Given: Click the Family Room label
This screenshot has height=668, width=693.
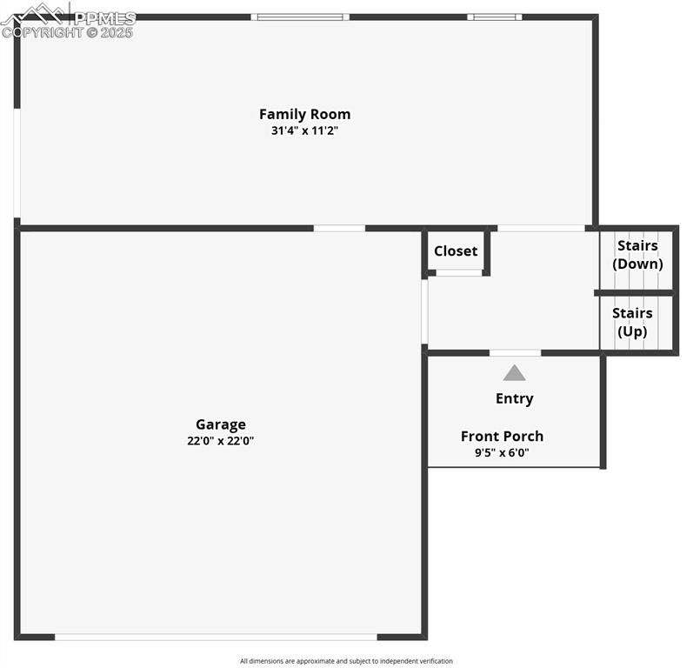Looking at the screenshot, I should click(304, 114).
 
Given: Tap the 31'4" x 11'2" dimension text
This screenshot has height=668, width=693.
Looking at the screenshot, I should click(304, 131).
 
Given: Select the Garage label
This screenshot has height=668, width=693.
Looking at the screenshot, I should click(220, 424).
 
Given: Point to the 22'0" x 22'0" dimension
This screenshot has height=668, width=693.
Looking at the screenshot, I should click(220, 441).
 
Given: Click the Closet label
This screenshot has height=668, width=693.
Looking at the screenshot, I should click(456, 251).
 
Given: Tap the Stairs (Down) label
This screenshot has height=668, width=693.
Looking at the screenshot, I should click(637, 255).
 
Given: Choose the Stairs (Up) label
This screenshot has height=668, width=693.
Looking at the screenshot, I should click(632, 322).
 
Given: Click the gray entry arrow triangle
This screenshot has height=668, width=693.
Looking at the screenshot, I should click(515, 373).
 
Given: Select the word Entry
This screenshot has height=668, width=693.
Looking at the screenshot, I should click(515, 398).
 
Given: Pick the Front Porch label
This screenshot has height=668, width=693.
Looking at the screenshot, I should click(502, 436).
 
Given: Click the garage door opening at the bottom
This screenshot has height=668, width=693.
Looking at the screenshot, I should click(216, 637).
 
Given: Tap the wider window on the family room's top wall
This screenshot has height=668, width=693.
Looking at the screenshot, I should click(300, 17).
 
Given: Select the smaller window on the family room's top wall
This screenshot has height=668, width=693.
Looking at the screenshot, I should click(494, 17).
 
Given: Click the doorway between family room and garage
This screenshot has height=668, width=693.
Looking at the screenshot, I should click(339, 228).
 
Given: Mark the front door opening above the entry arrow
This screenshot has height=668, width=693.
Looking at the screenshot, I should click(515, 352).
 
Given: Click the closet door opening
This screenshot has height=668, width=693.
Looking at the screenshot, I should click(458, 273).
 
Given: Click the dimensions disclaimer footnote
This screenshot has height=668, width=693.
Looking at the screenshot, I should click(346, 661).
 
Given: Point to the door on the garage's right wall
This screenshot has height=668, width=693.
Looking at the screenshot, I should click(424, 311).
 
